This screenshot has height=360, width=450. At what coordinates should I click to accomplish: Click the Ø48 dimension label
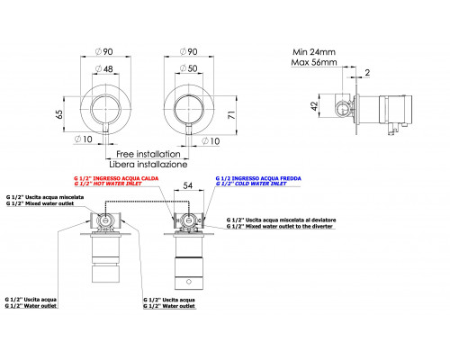[104, 68]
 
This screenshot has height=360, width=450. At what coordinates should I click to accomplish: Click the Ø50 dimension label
[189, 68]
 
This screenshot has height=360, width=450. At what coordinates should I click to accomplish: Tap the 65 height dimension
[59, 114]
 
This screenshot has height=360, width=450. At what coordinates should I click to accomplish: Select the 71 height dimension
[232, 115]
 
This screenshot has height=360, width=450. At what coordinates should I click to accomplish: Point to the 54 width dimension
[188, 185]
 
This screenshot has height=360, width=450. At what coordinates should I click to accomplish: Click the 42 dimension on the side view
[314, 106]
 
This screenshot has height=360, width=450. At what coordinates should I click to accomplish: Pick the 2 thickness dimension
[367, 72]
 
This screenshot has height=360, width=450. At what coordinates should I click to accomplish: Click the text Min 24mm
[314, 52]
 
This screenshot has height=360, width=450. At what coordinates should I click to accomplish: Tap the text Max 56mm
[314, 62]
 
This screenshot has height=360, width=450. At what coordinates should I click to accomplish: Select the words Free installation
[148, 154]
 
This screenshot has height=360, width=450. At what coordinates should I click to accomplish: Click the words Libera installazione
[148, 165]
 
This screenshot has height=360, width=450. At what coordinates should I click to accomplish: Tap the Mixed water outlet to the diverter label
[280, 226]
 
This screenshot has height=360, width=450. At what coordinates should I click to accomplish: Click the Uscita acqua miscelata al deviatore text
[282, 220]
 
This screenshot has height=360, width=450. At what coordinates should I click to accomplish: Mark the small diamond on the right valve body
[189, 282]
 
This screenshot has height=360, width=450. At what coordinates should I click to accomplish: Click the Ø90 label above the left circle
[104, 51]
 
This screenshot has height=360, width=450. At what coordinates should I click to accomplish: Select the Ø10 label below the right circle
[211, 141]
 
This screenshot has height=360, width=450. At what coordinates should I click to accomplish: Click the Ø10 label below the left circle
[84, 139]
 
